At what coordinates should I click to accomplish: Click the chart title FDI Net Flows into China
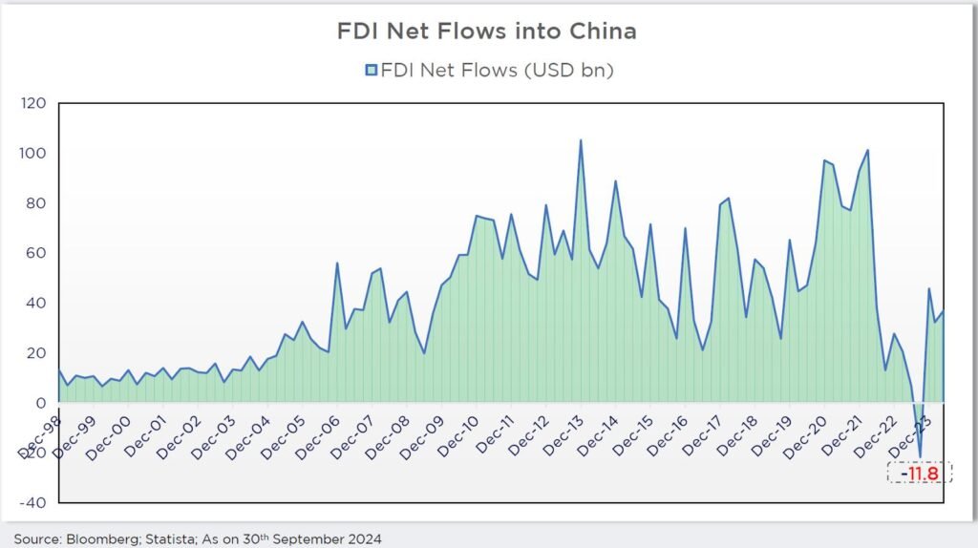pos(487,32)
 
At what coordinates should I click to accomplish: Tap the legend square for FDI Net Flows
pos(372,70)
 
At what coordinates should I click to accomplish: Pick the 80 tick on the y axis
pos(35,203)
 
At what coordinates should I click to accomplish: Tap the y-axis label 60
pos(35,253)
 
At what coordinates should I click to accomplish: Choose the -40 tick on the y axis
pos(32,503)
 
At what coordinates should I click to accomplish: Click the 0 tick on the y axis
pos(41,403)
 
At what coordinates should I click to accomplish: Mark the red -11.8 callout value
pos(920,473)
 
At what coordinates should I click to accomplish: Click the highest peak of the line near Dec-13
pos(581,140)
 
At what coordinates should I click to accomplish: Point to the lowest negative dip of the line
pos(920,457)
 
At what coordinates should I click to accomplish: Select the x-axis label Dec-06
pos(318,435)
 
